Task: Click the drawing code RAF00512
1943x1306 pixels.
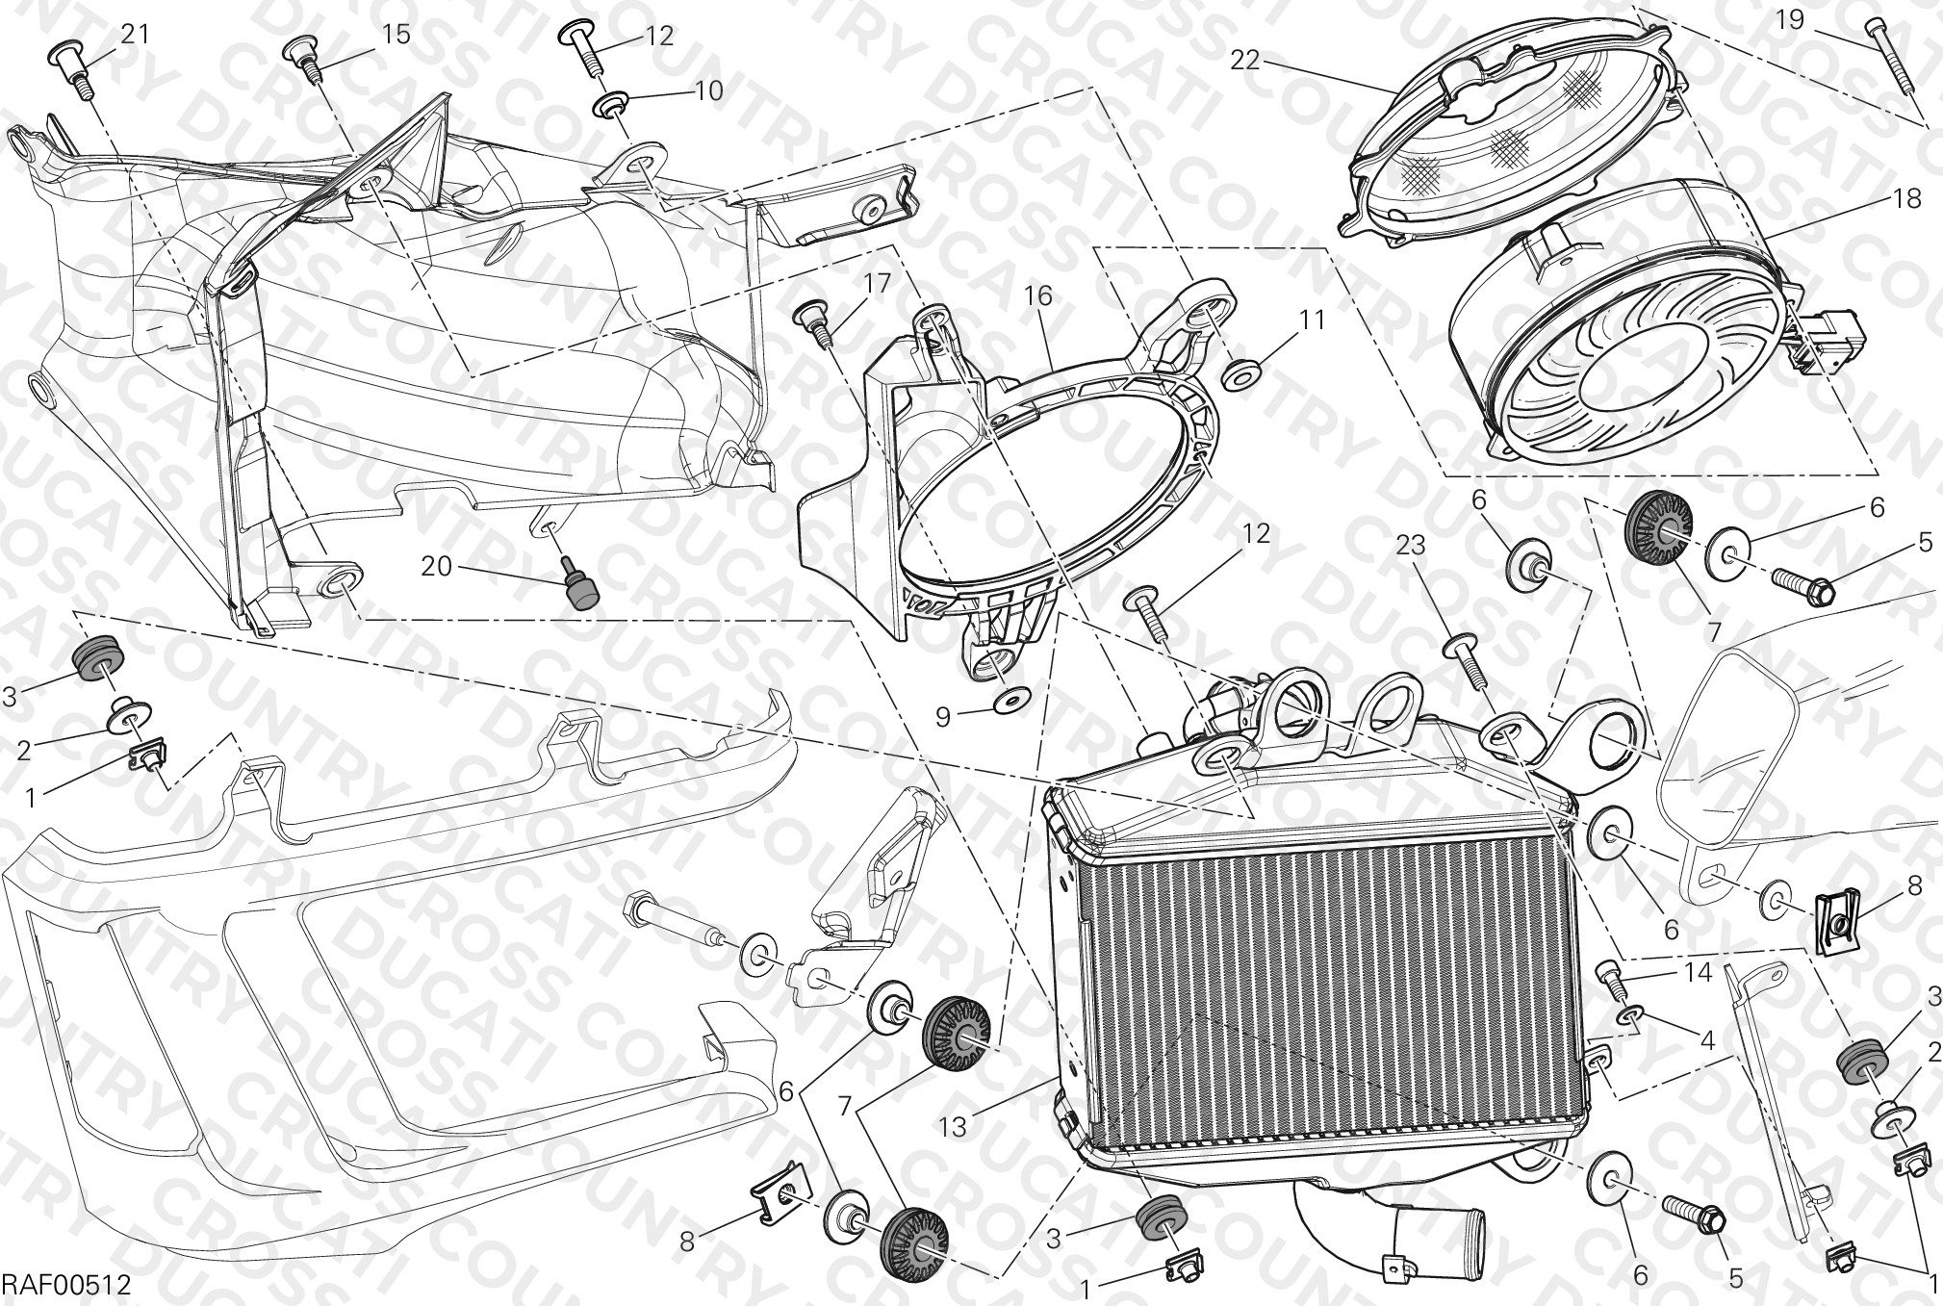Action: click(x=65, y=1286)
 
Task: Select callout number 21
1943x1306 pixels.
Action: click(x=135, y=35)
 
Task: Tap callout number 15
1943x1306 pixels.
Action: click(x=396, y=35)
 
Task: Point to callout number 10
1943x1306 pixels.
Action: click(x=708, y=90)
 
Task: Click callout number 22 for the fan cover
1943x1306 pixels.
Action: click(x=1244, y=60)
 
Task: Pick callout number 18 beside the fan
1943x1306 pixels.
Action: click(x=1906, y=199)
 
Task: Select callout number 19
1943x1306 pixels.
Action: click(x=1789, y=20)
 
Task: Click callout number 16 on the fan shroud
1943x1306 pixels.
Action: click(x=1038, y=295)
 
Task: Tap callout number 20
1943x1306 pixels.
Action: click(x=436, y=566)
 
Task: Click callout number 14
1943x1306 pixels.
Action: click(x=1698, y=973)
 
